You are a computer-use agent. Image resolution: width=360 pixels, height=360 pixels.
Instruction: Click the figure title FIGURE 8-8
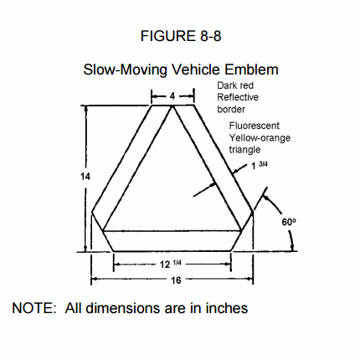(x=181, y=36)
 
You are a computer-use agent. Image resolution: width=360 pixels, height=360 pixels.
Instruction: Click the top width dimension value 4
(x=172, y=96)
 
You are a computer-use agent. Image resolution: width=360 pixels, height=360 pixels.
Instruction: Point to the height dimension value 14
(x=85, y=177)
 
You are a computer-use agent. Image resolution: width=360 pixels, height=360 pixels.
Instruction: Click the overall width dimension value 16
(x=176, y=280)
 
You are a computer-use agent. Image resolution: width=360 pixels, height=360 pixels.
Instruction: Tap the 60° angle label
(x=289, y=222)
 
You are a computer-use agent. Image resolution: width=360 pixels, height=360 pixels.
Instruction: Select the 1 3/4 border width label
(x=260, y=165)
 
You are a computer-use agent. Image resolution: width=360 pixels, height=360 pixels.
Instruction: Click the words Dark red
(x=235, y=85)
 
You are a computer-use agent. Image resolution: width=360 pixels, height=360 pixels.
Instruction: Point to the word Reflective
(x=238, y=97)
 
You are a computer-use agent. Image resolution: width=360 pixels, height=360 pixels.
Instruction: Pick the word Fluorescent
(x=255, y=126)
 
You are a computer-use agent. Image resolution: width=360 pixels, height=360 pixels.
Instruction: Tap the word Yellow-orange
(x=260, y=138)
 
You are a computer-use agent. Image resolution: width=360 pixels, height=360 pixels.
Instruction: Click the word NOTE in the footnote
(x=34, y=308)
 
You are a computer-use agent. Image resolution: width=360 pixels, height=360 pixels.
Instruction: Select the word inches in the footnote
(x=227, y=308)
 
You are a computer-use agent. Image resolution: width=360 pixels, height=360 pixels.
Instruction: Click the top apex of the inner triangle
(x=172, y=106)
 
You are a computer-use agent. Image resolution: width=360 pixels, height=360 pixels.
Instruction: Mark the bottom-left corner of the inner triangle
(x=103, y=231)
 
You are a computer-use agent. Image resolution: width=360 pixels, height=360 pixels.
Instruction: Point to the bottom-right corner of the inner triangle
(x=241, y=231)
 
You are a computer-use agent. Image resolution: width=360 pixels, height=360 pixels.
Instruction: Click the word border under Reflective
(x=231, y=109)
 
